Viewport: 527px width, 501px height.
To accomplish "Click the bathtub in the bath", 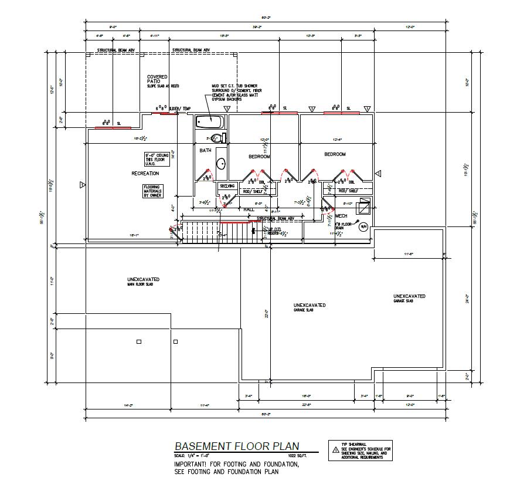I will [210, 122].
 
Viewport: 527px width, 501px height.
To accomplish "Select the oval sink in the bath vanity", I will [221, 164].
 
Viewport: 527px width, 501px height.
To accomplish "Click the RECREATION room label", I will [145, 174].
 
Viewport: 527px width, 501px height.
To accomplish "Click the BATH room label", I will [205, 151].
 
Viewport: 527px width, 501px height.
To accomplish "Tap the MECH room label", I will [341, 216].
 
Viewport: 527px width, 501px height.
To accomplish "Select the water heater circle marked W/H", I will [363, 227].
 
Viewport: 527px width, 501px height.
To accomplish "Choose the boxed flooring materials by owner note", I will [153, 191].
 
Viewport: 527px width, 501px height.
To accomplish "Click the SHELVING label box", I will [227, 186].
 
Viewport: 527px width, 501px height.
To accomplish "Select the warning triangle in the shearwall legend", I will [336, 450].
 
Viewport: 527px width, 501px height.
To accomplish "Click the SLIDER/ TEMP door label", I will [180, 109].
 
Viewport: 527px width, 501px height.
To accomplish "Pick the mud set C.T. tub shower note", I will [234, 93].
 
